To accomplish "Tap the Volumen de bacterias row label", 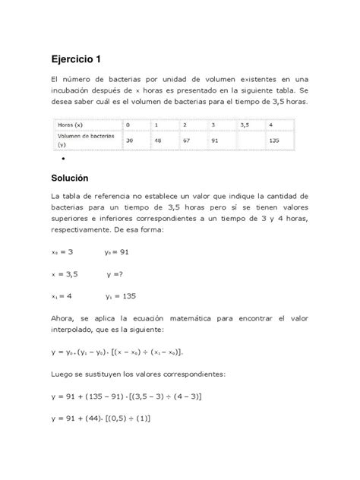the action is tap(83, 140).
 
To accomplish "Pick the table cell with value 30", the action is tap(131, 141).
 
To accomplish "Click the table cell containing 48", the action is tap(156, 141).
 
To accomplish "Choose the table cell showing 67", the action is tap(185, 141).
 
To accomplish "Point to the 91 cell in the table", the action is tap(215, 141).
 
